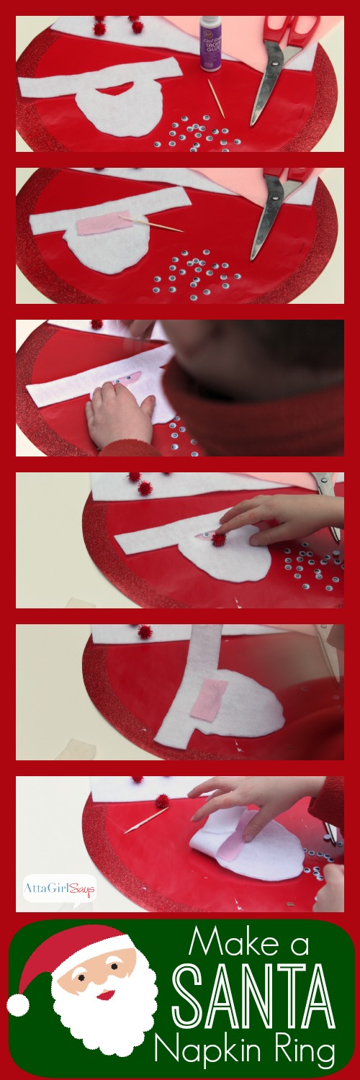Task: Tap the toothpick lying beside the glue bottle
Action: (216, 99)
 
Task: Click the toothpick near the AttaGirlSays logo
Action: (145, 820)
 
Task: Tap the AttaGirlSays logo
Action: (60, 886)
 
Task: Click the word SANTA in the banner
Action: (255, 1001)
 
